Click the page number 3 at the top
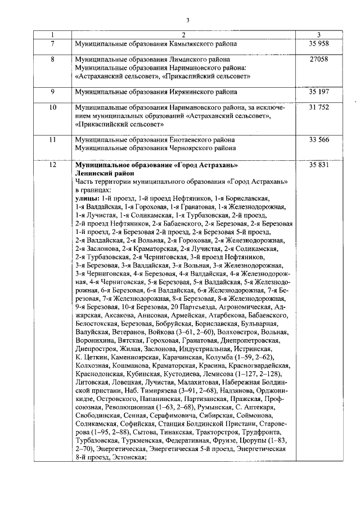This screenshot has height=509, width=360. pos(188,21)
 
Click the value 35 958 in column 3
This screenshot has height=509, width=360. pos(318,43)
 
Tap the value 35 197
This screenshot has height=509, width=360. pos(318,91)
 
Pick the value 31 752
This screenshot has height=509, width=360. pos(318,107)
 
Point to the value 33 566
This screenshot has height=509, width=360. pos(318,139)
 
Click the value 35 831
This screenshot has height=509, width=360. pos(318,165)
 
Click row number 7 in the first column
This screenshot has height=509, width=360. pos(53,43)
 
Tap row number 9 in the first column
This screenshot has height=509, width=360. pos(53,91)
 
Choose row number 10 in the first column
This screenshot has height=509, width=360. pos(53,107)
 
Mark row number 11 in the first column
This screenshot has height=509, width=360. pos(53,139)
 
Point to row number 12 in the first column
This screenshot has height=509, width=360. pos(53,165)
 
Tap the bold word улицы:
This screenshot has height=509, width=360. pos(87,199)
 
